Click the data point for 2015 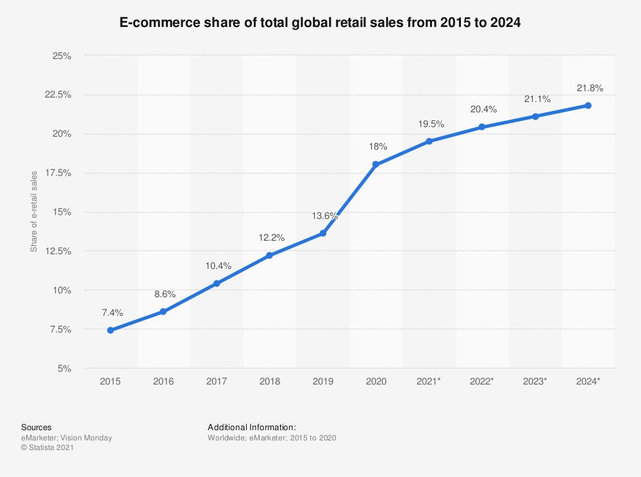110,330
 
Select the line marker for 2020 376,164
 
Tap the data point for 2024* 588,105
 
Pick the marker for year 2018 269,256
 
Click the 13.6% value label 325,216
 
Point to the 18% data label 378,147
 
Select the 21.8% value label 590,88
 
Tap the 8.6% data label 165,294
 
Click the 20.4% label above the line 483,109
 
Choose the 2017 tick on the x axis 216,381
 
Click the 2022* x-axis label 482,381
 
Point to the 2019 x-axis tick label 322,381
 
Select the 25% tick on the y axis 62,56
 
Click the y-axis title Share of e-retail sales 34,211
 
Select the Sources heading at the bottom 37,427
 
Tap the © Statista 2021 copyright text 47,448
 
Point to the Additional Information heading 252,427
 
